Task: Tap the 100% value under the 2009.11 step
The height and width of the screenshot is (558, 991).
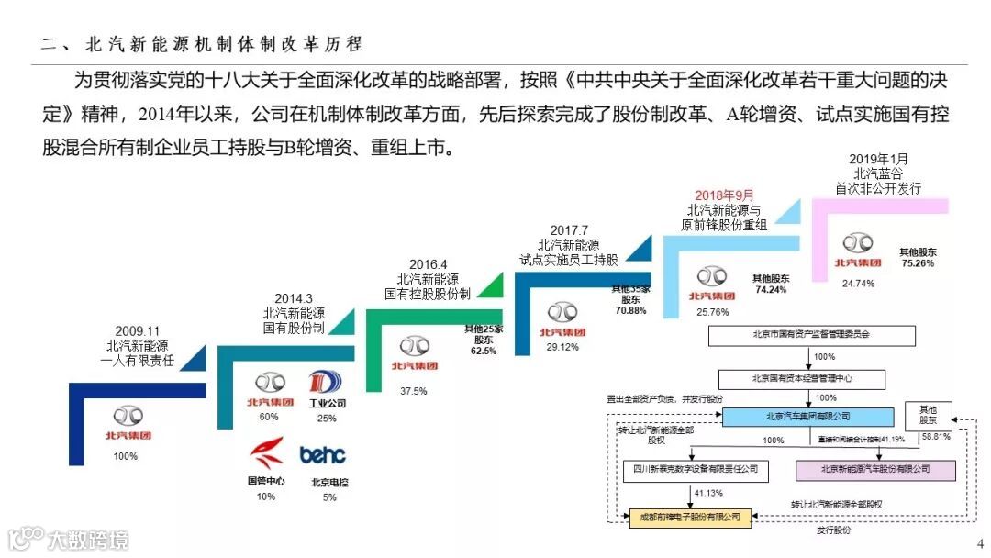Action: click(126, 456)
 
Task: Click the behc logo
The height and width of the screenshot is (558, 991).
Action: click(323, 454)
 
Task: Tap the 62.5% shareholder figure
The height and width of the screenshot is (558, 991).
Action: click(483, 351)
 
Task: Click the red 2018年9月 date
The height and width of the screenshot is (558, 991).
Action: click(724, 195)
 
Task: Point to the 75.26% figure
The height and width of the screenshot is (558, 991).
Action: click(918, 263)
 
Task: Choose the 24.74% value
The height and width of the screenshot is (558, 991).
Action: click(858, 284)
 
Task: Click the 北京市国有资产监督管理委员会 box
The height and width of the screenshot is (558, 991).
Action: click(808, 335)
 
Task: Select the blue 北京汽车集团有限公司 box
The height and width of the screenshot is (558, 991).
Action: click(807, 417)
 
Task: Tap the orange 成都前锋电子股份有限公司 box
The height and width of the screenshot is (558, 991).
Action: click(689, 517)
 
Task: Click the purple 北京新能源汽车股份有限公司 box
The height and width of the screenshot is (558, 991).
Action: click(874, 470)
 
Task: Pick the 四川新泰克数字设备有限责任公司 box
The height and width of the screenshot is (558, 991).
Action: click(689, 470)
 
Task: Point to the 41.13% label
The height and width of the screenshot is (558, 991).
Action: click(707, 494)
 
